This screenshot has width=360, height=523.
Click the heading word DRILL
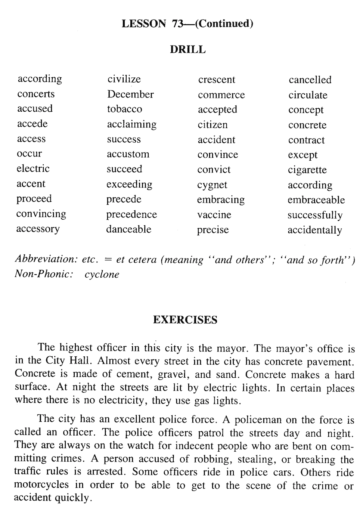187,50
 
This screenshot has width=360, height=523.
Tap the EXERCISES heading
185,320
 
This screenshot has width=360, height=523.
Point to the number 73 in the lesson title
178,24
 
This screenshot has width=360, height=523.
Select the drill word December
130,94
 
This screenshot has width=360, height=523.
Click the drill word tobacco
124,109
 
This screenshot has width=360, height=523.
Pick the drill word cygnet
212,185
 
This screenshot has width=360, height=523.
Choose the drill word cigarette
307,170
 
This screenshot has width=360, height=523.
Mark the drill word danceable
128,229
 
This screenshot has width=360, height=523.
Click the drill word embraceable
316,200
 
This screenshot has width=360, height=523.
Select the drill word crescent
217,80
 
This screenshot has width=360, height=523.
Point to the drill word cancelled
310,80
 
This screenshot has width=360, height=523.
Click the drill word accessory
38,229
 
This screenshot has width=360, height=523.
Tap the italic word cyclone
102,275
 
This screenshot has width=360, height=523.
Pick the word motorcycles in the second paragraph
41,485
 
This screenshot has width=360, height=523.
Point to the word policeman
257,420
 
